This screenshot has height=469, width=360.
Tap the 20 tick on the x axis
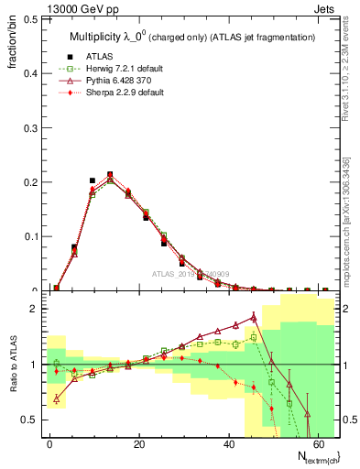point(137,444)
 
